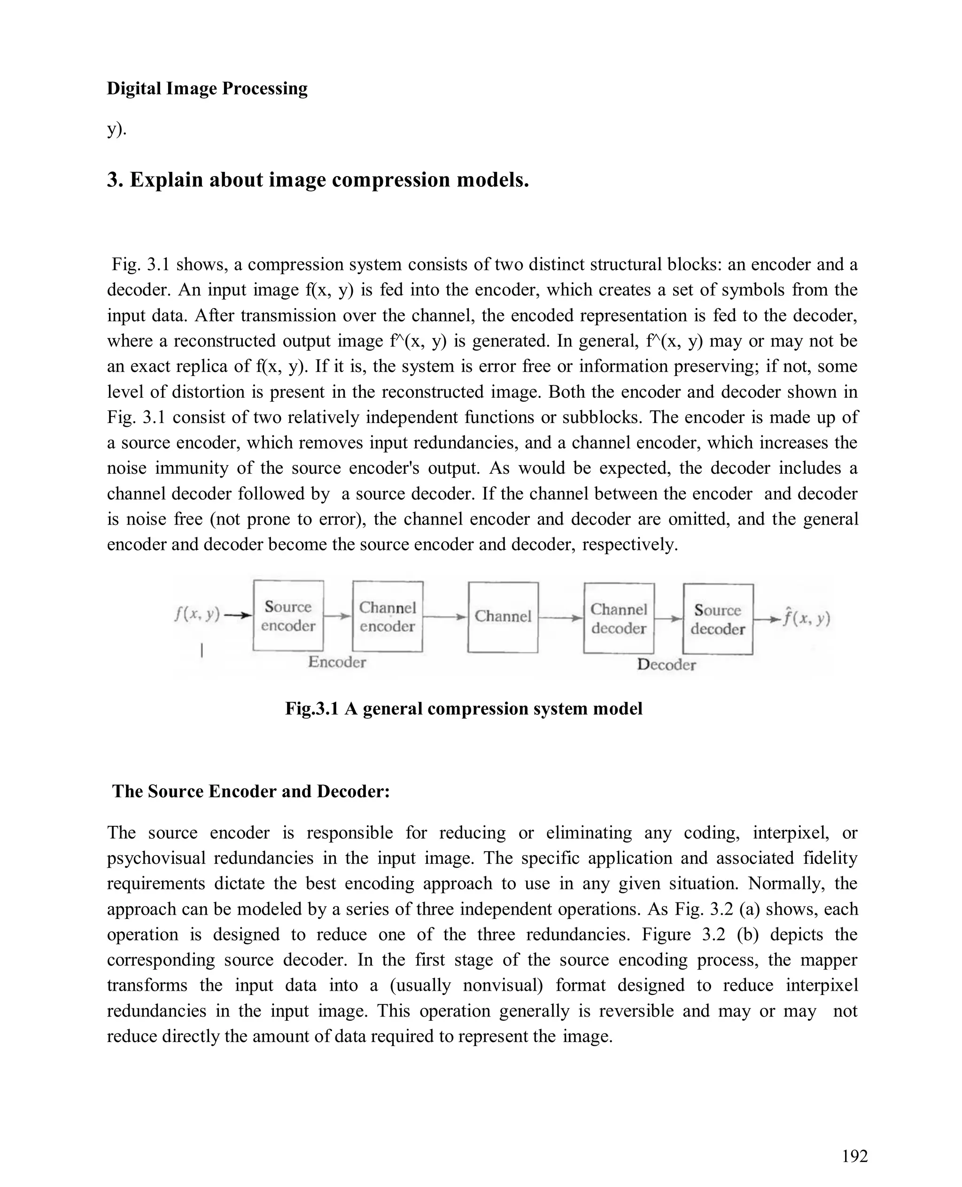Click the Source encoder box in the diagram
coord(287,616)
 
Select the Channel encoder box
coord(388,617)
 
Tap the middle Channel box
coord(503,617)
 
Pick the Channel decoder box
coord(619,618)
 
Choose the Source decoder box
coord(718,619)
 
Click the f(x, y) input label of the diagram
coord(197,614)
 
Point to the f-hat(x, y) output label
coord(806,617)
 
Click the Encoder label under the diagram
coord(337,662)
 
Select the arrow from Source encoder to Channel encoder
coord(337,616)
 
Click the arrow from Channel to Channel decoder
coord(560,617)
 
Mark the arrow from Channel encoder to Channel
coord(445,617)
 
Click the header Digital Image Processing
coord(207,89)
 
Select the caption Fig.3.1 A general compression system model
coord(464,709)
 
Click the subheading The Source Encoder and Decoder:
coord(251,791)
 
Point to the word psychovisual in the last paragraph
coord(156,858)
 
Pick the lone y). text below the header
coord(116,130)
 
